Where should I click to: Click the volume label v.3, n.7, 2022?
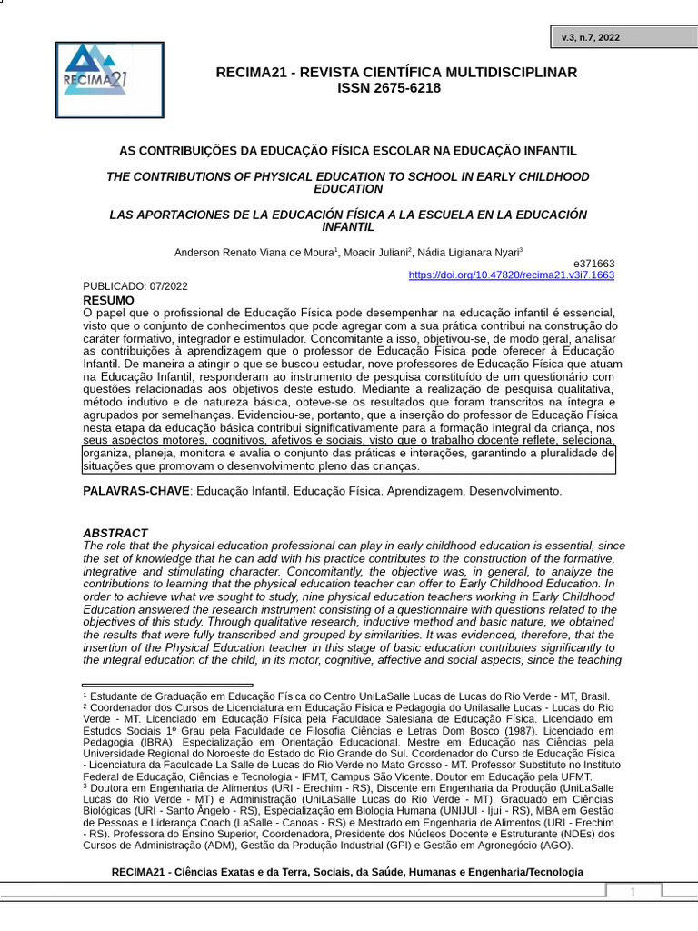click(x=591, y=37)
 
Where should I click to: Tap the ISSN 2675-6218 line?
click(x=389, y=88)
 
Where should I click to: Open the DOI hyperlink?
click(x=511, y=275)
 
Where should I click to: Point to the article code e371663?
click(x=593, y=263)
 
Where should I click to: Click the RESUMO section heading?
click(x=108, y=300)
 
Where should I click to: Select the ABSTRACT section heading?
click(x=115, y=533)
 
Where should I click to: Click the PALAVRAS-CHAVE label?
click(x=136, y=491)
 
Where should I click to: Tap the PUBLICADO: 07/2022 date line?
click(x=135, y=286)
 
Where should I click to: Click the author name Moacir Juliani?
click(x=375, y=252)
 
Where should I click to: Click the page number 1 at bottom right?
click(x=634, y=892)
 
